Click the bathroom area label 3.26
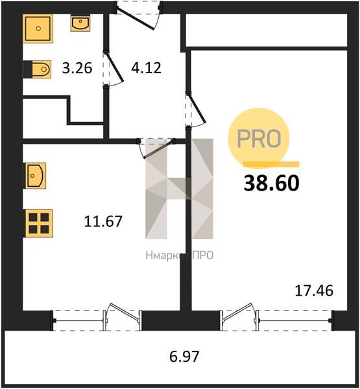[x=77, y=68]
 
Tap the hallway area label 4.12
[x=146, y=67]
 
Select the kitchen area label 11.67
[x=103, y=221]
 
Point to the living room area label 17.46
[x=314, y=290]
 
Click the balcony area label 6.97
[x=184, y=357]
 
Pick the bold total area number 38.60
[x=271, y=183]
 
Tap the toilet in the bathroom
[x=37, y=69]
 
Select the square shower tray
[x=38, y=29]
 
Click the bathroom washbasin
[x=80, y=23]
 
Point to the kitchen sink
[x=35, y=176]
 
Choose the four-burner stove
[x=38, y=223]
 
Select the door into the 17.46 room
[x=196, y=110]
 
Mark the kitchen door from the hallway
[x=156, y=148]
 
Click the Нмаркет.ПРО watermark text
[x=179, y=255]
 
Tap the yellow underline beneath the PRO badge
[x=271, y=164]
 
